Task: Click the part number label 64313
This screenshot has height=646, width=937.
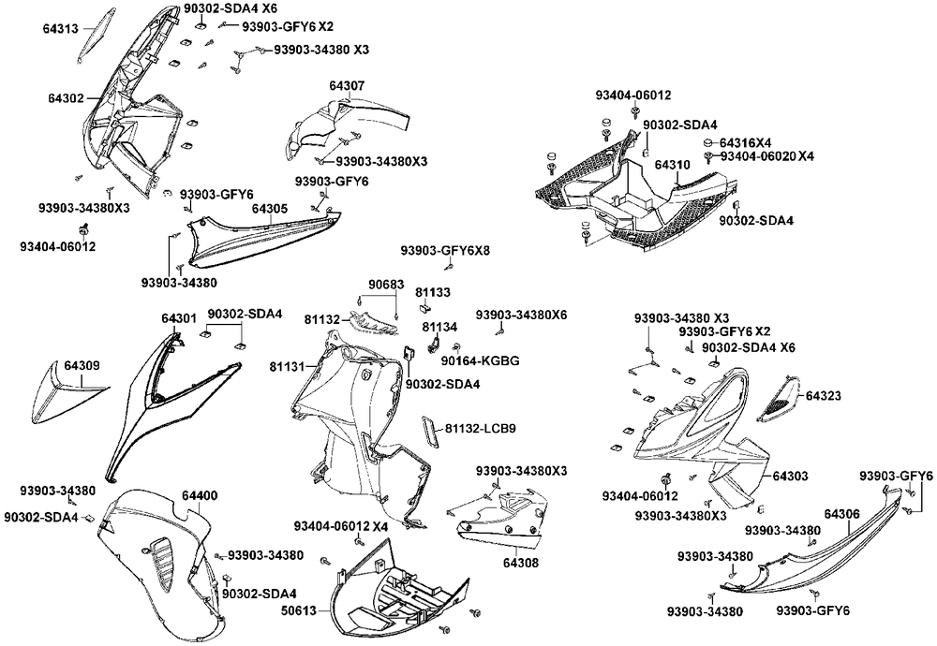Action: (62, 29)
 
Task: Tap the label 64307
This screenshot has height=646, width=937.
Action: (347, 86)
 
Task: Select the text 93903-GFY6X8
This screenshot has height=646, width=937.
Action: (445, 251)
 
